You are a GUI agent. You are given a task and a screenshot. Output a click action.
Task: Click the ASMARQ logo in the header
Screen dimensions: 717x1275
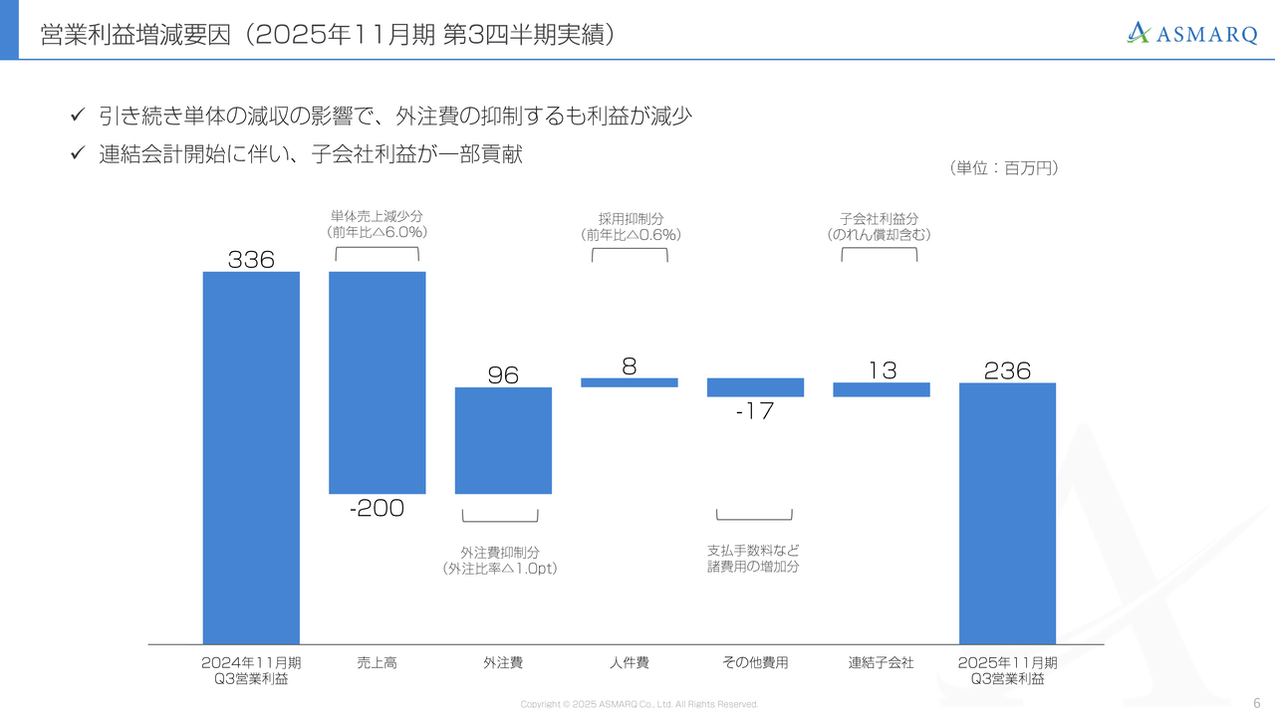pyautogui.click(x=1192, y=34)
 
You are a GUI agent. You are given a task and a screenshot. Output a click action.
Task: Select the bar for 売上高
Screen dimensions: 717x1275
pyautogui.click(x=378, y=382)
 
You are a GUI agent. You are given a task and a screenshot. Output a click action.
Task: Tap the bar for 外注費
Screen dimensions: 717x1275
pyautogui.click(x=503, y=440)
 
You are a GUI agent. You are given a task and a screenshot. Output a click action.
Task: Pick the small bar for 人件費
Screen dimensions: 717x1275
pyautogui.click(x=630, y=382)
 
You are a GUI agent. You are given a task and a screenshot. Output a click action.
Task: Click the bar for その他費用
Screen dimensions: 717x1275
pyautogui.click(x=755, y=387)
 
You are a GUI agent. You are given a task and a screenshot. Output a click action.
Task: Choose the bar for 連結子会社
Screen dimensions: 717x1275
pyautogui.click(x=882, y=389)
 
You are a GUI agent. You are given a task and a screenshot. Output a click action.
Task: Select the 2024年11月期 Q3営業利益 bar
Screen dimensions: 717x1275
pyautogui.click(x=251, y=458)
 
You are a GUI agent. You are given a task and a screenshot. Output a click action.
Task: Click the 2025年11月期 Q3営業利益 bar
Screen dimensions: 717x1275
pyautogui.click(x=1007, y=514)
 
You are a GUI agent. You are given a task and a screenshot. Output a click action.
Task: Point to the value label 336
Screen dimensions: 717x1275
pyautogui.click(x=251, y=260)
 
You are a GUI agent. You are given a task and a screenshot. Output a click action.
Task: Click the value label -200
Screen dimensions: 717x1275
pyautogui.click(x=378, y=508)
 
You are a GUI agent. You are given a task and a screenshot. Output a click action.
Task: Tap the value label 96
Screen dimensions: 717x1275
pyautogui.click(x=503, y=374)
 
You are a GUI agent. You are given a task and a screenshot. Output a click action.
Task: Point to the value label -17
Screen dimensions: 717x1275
pyautogui.click(x=755, y=410)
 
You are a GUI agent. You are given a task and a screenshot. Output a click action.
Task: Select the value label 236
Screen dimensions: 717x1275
pyautogui.click(x=1007, y=370)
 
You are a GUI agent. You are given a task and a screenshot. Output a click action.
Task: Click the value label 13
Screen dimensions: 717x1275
pyautogui.click(x=882, y=370)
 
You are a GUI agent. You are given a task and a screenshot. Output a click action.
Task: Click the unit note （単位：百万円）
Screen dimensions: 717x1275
pyautogui.click(x=1004, y=168)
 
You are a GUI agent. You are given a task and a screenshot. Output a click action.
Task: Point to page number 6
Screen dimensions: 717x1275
pyautogui.click(x=1256, y=702)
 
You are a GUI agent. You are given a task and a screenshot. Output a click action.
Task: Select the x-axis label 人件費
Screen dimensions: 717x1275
pyautogui.click(x=630, y=662)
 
